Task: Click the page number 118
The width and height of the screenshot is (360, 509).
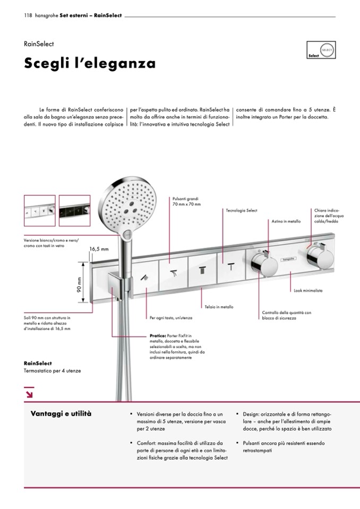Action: tap(28, 15)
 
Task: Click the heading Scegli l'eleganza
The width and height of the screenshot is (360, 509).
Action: tap(90, 64)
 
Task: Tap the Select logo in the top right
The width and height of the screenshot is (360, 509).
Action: tap(321, 50)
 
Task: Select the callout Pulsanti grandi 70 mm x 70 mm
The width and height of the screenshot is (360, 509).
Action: tap(186, 201)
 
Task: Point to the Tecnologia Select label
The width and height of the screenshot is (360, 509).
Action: tap(241, 211)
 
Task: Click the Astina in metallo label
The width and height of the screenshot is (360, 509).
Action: tap(286, 221)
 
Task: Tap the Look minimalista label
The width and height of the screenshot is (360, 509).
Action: tap(308, 291)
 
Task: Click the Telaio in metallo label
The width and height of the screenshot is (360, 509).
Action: tap(219, 307)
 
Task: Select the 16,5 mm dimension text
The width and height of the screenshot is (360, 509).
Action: tap(99, 248)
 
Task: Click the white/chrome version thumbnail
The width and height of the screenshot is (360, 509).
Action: tap(39, 211)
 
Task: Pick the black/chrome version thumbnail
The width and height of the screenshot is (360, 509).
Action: tap(75, 211)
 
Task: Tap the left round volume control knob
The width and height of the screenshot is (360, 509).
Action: tap(261, 262)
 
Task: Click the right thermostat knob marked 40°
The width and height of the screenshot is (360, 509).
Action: tap(320, 260)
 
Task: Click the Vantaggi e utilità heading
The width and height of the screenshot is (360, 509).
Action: tap(61, 413)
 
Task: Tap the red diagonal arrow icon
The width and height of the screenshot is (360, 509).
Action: tap(29, 393)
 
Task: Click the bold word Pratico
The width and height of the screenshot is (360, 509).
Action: tap(159, 335)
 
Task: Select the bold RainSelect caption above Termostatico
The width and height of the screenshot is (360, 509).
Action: tap(37, 364)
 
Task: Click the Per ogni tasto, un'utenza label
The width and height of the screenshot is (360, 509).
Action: tap(171, 317)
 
